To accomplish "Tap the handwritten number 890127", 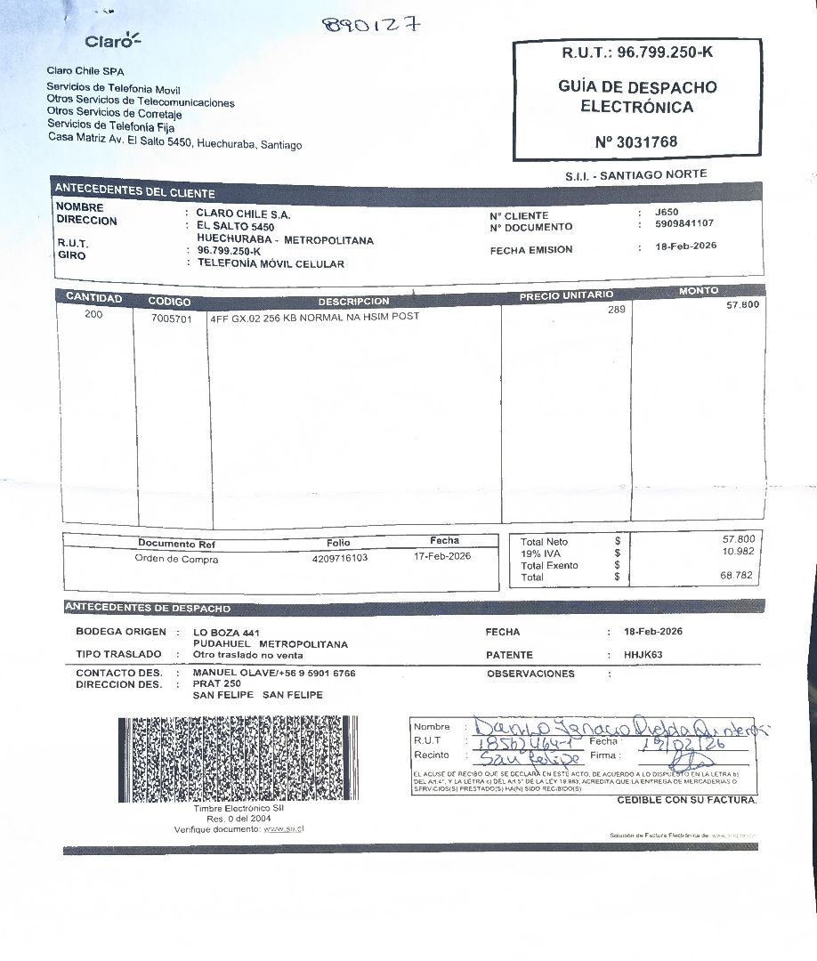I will pos(371,24).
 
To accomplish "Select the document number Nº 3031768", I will pos(636,141).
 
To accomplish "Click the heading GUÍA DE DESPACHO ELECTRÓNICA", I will pos(636,97).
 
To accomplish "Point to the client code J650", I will pos(667,212).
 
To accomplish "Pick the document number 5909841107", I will pos(684,224).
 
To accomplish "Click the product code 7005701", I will pos(172,320).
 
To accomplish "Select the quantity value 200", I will pos(93,315).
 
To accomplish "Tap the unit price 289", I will pos(617,310).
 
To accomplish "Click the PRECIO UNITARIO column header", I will pos(566,295).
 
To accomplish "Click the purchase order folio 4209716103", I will pos(340,557).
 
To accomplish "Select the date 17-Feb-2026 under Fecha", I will pos(442,556).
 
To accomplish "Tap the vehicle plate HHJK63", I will pos(643,655).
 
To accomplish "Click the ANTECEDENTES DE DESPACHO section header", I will pos(148,609).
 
